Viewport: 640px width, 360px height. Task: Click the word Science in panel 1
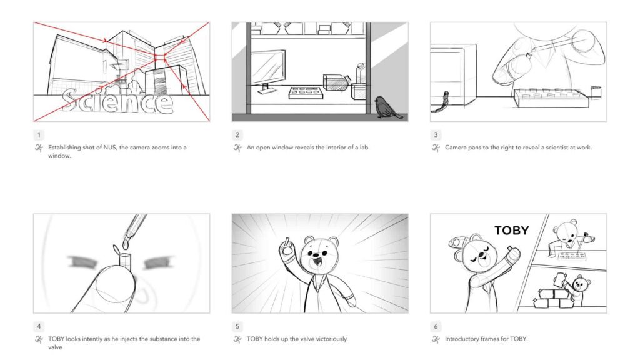117,101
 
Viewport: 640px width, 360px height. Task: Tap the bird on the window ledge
382,107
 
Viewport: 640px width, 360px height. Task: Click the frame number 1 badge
39,134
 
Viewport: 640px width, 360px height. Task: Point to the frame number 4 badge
39,326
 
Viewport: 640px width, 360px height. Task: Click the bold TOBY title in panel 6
511,230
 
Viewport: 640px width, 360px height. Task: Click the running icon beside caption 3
436,147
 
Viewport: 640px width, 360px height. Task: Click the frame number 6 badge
436,326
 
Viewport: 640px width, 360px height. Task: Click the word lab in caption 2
361,147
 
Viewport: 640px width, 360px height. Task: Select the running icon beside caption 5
237,339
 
